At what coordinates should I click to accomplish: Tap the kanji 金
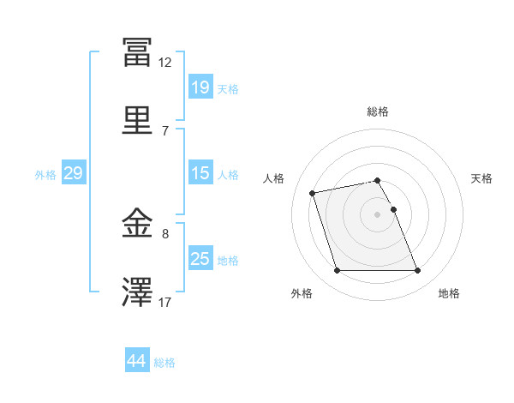tap(137, 225)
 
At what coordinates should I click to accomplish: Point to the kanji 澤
tap(137, 292)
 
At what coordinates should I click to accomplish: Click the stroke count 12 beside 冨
tap(165, 63)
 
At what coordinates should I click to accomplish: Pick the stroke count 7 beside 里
tap(165, 131)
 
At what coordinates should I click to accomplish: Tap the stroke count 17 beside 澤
tap(165, 303)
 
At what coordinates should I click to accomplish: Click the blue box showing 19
tap(200, 87)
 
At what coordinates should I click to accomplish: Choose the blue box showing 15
tap(200, 173)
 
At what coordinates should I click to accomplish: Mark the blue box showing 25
tap(200, 259)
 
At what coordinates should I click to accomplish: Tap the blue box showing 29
tap(73, 173)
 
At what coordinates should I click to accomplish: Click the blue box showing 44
tap(136, 361)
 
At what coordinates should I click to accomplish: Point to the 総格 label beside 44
tap(164, 363)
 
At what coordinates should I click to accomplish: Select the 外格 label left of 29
tap(45, 175)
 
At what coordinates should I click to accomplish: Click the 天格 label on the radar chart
tap(481, 178)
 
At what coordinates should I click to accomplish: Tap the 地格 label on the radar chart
tap(449, 293)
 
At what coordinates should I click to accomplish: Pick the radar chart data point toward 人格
tap(314, 192)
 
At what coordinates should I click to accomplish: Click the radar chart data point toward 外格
tap(337, 271)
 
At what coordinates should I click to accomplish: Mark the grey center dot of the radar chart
tap(378, 214)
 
